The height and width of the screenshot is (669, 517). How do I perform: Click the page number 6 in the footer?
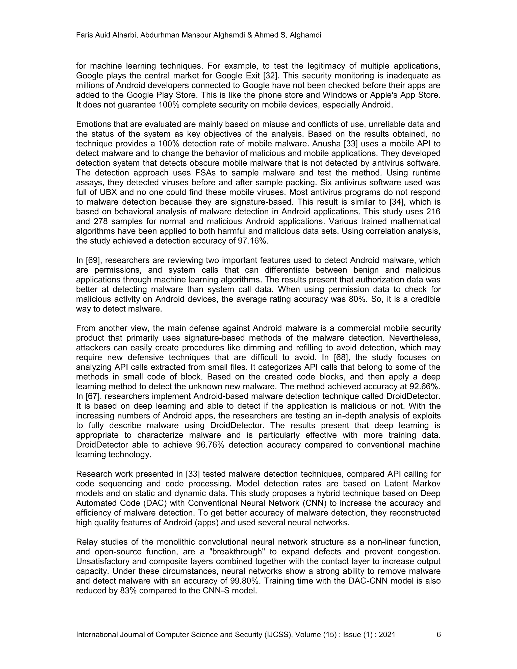[438, 634]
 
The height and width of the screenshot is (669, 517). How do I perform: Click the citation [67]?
[92, 396]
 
